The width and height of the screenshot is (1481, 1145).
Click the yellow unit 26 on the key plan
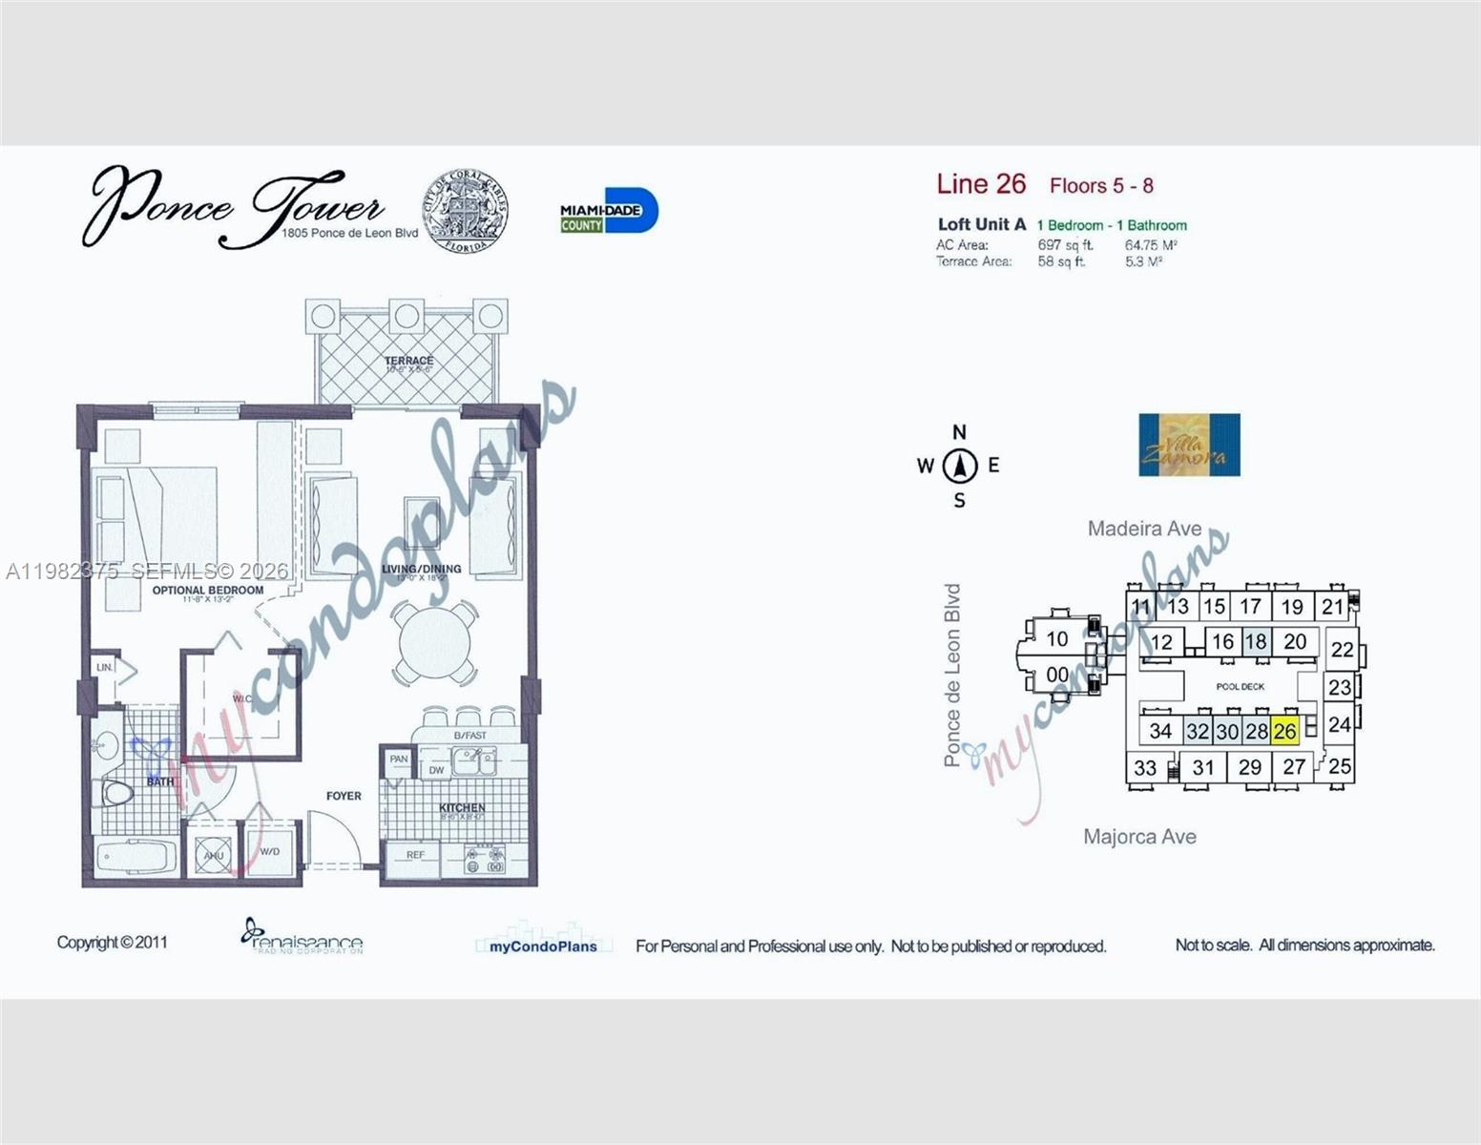tap(1284, 732)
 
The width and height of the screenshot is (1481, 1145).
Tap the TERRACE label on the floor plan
tap(408, 361)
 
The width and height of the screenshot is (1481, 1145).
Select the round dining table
tap(435, 642)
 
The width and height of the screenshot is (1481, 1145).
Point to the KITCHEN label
tap(462, 807)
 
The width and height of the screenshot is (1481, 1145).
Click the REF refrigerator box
tap(415, 855)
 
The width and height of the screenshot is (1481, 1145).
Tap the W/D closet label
tap(270, 851)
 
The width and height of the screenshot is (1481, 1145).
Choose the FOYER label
tap(344, 796)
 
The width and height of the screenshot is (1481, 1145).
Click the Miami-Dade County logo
tap(608, 211)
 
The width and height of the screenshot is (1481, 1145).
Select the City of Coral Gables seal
tap(466, 211)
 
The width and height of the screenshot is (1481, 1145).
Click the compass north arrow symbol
tap(960, 467)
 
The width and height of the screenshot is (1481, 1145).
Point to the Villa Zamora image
tap(1189, 445)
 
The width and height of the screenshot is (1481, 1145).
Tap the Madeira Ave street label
tap(1144, 529)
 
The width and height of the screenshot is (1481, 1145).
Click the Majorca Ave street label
tap(1139, 837)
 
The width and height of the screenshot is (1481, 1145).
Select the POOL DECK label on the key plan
tap(1241, 686)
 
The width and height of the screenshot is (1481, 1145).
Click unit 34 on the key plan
tap(1160, 731)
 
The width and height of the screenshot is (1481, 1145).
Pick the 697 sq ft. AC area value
tap(1065, 245)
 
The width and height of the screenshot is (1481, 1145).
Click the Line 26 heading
tap(981, 184)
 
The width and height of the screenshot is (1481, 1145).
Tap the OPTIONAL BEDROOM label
tap(208, 591)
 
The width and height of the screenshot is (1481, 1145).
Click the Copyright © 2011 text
tap(113, 943)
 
